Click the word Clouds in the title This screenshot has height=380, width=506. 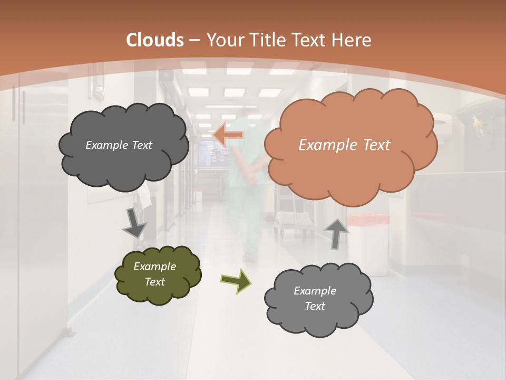click(155, 40)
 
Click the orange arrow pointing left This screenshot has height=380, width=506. click(228, 135)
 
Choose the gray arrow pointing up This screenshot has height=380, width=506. click(336, 233)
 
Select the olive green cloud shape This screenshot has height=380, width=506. click(158, 274)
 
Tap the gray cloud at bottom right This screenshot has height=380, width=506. click(318, 298)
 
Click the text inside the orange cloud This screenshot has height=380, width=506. click(344, 145)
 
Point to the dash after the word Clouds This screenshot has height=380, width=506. click(194, 40)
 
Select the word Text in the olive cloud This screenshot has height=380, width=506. click(155, 282)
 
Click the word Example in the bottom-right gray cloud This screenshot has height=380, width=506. click(315, 291)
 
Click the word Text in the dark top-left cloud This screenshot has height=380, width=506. click(142, 145)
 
